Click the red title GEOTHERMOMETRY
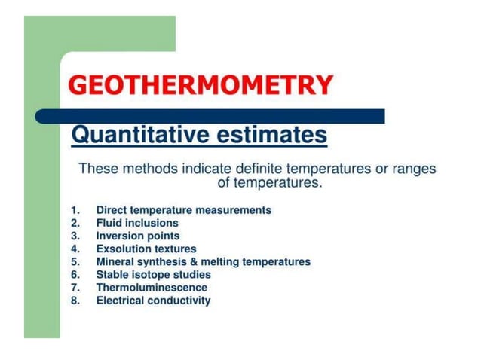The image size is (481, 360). [x=201, y=84]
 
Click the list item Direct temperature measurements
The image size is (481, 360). [x=183, y=210]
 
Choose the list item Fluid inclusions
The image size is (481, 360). [x=137, y=223]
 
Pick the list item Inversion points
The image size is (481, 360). [x=138, y=236]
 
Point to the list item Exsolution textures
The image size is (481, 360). [x=146, y=249]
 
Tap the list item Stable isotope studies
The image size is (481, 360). [x=153, y=274]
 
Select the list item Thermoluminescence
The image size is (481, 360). [x=152, y=287]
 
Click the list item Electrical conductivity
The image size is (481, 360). [x=153, y=301]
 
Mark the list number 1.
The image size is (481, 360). [x=75, y=210]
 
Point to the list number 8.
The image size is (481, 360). [x=75, y=301]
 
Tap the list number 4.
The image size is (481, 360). [x=75, y=249]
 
